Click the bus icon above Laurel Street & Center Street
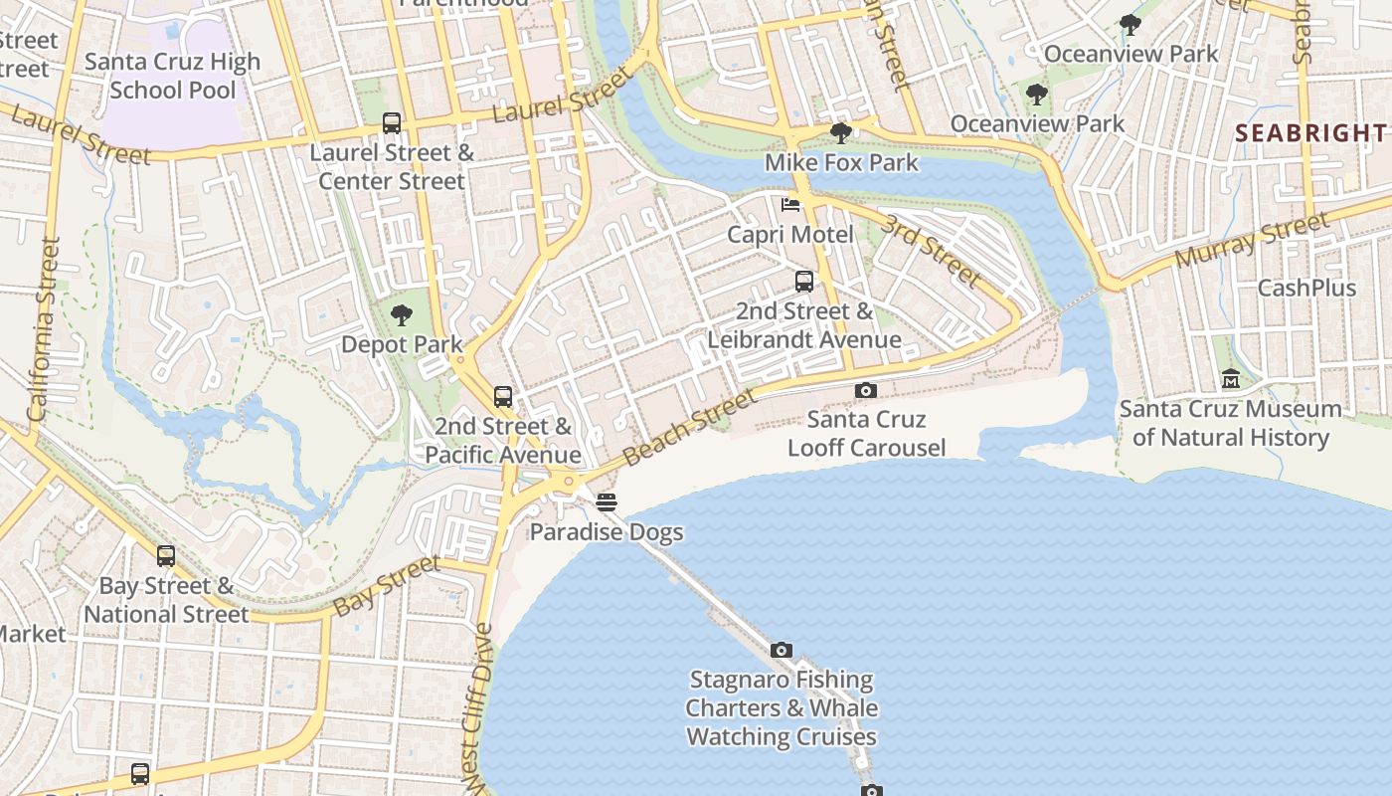coord(392,123)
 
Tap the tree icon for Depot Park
coord(402,315)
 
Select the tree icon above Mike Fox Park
coord(840,132)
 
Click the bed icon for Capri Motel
coord(790,205)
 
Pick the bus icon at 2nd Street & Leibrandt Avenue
coord(804,282)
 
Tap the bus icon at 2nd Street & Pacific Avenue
coord(503,397)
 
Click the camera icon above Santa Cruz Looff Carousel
coord(866,390)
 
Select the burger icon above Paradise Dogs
coord(607,502)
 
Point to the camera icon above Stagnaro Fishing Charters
coord(782,651)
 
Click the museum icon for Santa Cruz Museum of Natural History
coord(1231,379)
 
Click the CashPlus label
coord(1306,288)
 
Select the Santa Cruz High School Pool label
coord(172,76)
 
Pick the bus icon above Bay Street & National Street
coord(166,556)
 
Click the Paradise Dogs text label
coord(607,531)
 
